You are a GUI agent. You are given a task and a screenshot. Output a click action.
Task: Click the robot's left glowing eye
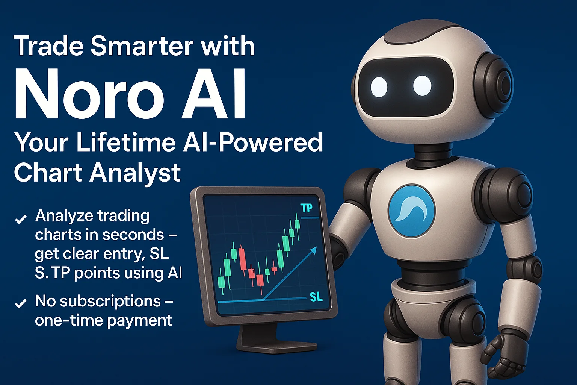click(379, 86)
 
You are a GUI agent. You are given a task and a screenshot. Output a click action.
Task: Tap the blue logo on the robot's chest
click(411, 211)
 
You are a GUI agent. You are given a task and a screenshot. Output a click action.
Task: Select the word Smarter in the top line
click(142, 46)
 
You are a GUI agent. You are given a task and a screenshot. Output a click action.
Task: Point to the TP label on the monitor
click(307, 208)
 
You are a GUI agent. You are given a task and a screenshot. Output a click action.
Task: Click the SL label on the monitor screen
click(316, 297)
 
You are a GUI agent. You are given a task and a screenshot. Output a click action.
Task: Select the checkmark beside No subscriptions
click(20, 303)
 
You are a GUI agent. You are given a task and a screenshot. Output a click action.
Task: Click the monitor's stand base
click(276, 344)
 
